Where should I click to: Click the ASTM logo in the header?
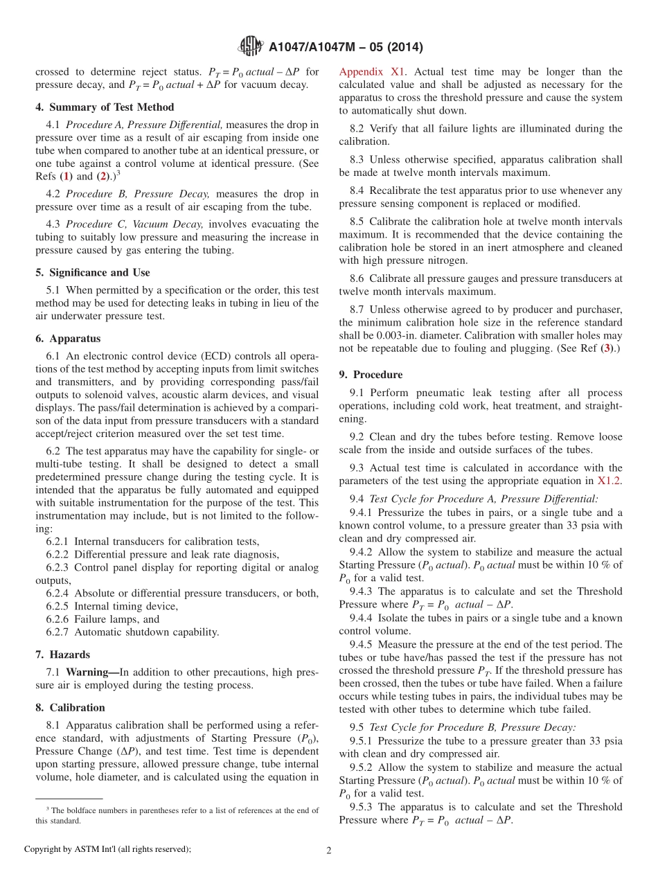(250, 46)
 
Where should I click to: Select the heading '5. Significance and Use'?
(93, 273)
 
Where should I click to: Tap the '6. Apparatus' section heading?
(68, 339)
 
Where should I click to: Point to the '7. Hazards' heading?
(62, 655)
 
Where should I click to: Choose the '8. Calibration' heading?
(70, 708)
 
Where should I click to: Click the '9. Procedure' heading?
(371, 375)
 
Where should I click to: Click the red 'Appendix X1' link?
(373, 72)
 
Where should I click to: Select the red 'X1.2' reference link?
(610, 481)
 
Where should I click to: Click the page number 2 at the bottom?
(329, 851)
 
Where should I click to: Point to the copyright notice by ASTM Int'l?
(107, 849)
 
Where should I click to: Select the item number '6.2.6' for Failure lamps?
(58, 619)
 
